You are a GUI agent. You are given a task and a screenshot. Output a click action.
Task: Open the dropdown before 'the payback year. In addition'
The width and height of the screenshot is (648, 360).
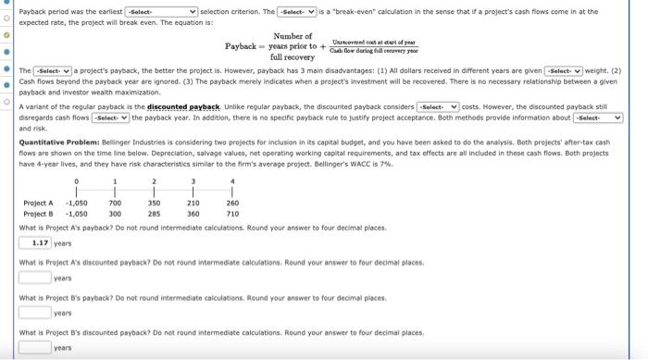pyautogui.click(x=109, y=118)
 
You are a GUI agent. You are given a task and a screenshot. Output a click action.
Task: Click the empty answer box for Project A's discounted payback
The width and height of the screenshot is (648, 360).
pyautogui.click(x=34, y=277)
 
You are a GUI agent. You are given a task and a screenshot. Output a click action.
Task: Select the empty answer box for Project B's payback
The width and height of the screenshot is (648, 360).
pyautogui.click(x=34, y=312)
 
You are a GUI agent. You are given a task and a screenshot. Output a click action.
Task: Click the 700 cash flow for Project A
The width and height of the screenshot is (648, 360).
pyautogui.click(x=115, y=203)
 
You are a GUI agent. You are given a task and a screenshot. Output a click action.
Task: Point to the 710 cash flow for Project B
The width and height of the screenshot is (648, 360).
pyautogui.click(x=231, y=213)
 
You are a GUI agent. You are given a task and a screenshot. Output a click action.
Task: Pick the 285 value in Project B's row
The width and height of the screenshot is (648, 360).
pyautogui.click(x=155, y=213)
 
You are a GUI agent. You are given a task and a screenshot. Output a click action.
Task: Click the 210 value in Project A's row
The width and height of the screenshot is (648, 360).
pyautogui.click(x=193, y=203)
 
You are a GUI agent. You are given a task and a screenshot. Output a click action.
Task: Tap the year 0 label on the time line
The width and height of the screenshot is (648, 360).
pyautogui.click(x=76, y=181)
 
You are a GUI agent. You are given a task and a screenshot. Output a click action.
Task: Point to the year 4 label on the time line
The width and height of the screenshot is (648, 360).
pyautogui.click(x=231, y=181)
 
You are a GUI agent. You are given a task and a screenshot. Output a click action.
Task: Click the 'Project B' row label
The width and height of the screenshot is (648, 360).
pyautogui.click(x=39, y=213)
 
